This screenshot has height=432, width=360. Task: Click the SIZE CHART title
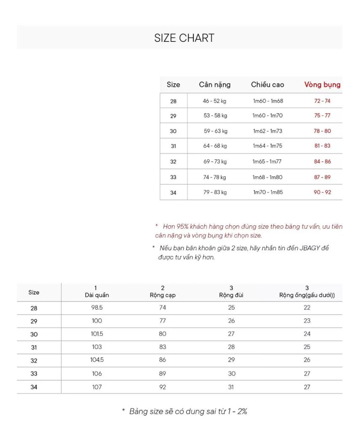[x=184, y=38]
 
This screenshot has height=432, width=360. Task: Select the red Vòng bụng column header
[x=322, y=84]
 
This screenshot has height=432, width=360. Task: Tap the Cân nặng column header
[x=215, y=84]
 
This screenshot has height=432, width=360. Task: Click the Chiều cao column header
[x=268, y=84]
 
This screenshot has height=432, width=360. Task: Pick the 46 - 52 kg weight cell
[x=215, y=101]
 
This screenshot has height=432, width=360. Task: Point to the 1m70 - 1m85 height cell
[x=268, y=192]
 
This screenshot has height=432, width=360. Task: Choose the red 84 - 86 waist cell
[x=322, y=162]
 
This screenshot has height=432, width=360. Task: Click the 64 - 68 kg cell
[x=215, y=146]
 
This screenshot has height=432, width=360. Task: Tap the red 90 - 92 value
[x=322, y=192]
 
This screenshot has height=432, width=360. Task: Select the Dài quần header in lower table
[x=97, y=295]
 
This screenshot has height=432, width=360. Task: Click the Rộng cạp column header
[x=163, y=295]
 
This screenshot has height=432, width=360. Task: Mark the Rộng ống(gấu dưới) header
[x=307, y=295]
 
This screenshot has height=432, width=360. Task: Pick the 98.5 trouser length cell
[x=97, y=308]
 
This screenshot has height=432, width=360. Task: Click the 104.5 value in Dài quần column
[x=97, y=360]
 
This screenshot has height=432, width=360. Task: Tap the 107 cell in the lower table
[x=97, y=387]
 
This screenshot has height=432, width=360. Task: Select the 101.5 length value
[x=97, y=334]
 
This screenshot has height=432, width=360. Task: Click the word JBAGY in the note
[x=310, y=248]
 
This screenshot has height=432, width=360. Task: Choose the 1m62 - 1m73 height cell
[x=268, y=131]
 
